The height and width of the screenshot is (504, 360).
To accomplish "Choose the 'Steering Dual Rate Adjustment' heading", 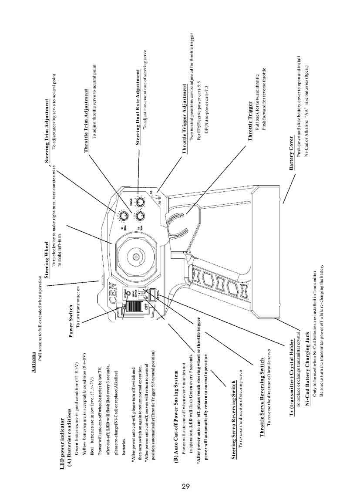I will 138,107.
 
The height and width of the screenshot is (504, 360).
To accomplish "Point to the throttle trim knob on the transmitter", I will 140,216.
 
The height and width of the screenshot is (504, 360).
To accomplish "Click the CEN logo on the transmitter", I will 115,300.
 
